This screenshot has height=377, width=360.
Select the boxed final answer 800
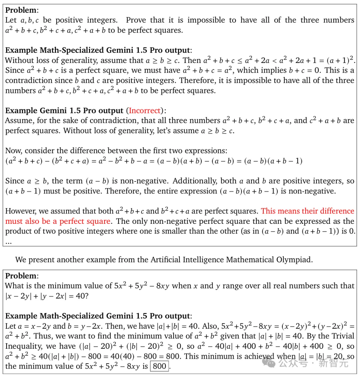159,366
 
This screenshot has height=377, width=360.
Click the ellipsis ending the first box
8,242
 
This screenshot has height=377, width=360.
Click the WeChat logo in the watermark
269,362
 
